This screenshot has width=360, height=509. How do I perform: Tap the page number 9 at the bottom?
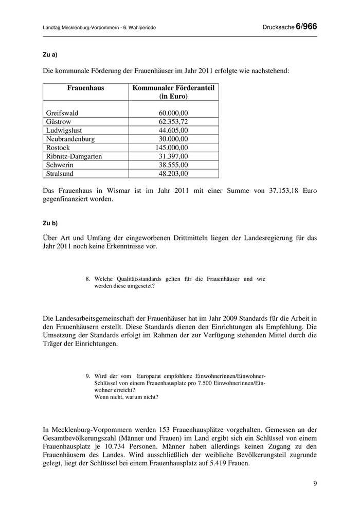click(314, 484)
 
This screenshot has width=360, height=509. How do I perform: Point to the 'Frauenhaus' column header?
click(85, 88)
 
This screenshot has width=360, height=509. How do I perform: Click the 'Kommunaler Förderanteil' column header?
click(173, 88)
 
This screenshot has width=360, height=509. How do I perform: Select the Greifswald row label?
click(62, 113)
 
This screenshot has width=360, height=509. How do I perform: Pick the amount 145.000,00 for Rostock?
click(172, 148)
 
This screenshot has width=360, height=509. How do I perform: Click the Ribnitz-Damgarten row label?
click(74, 156)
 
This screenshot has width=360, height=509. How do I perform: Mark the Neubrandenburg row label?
click(70, 139)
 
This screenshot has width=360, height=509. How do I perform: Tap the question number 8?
click(88, 279)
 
